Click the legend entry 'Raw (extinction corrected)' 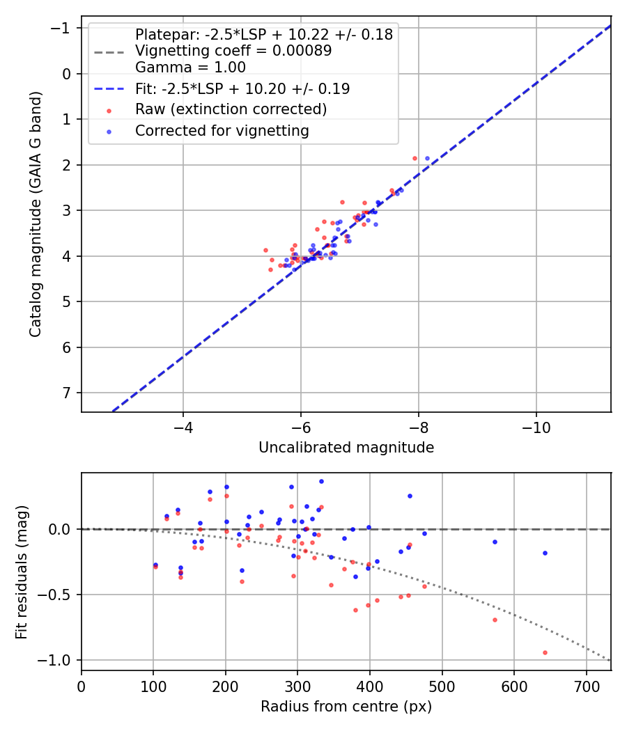231,110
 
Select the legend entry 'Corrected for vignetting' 222,131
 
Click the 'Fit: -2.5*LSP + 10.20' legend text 242,89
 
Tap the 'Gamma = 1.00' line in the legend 190,68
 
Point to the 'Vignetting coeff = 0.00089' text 233,51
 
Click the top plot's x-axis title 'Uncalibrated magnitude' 346,448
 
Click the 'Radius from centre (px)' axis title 346,707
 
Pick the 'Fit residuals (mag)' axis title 22,572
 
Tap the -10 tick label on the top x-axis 536,425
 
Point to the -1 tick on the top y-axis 64,28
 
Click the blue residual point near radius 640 545,553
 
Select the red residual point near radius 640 545,652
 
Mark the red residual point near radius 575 495,620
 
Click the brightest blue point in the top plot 427,158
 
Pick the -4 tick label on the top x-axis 183,425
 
